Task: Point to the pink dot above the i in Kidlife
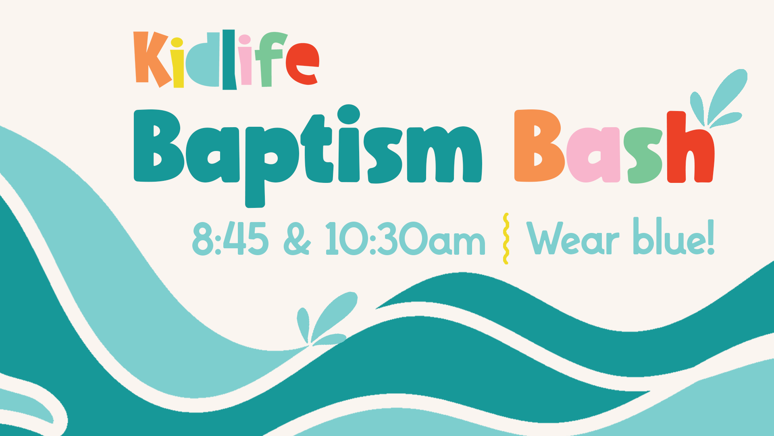click(x=245, y=39)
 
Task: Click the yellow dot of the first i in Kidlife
click(x=177, y=42)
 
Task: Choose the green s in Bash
click(x=643, y=155)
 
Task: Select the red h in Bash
click(x=689, y=147)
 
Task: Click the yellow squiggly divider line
click(x=506, y=239)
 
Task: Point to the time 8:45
click(x=230, y=239)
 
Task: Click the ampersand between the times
click(x=297, y=239)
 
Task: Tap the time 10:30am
click(x=405, y=239)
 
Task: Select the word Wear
click(x=573, y=239)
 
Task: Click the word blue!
click(x=674, y=237)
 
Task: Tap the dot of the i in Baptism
click(x=349, y=114)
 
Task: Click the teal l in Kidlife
click(x=229, y=59)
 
